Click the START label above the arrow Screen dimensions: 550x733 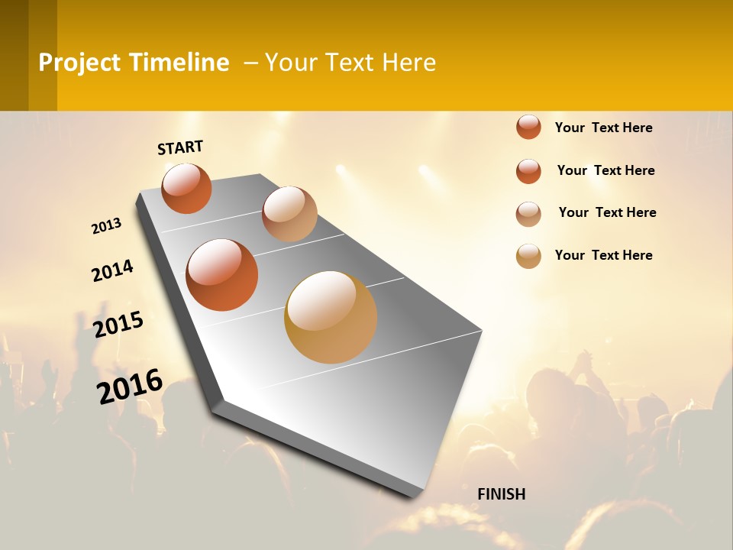180,147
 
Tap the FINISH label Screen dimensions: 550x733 501,494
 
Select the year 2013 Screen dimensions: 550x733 106,226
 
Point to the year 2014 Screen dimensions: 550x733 112,270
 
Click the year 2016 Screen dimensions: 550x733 130,386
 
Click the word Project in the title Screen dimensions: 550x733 80,63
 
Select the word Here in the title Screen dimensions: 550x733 408,63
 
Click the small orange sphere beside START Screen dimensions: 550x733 186,188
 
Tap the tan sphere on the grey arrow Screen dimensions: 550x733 289,214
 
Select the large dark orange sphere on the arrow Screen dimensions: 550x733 221,275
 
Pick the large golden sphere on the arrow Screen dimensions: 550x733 331,317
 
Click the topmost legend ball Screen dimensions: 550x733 528,127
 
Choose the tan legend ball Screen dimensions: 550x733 528,214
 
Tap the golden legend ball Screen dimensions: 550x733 528,256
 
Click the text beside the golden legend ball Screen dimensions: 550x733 603,255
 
